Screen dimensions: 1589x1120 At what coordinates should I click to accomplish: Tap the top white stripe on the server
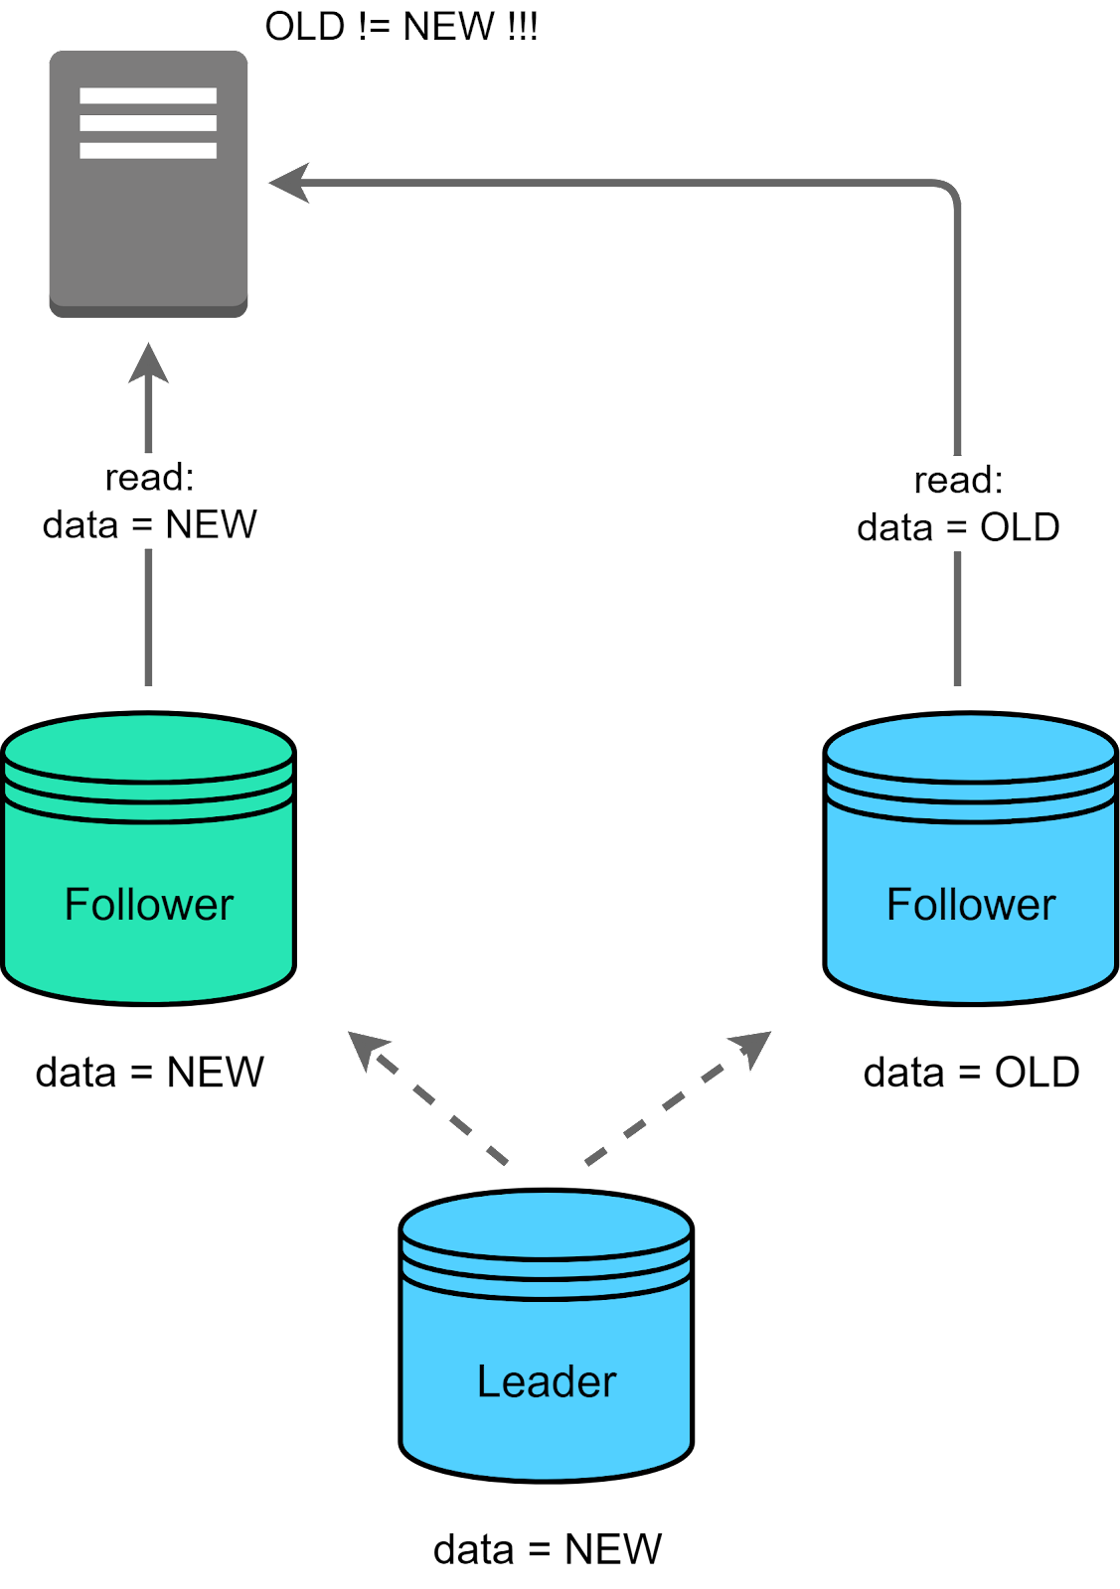tap(148, 96)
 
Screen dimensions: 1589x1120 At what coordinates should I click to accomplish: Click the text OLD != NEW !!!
tap(400, 27)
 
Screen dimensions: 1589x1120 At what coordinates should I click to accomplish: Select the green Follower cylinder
tap(148, 859)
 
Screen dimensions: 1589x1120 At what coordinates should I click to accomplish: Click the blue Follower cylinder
tap(970, 859)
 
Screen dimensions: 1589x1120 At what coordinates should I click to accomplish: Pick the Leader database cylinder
tap(546, 1336)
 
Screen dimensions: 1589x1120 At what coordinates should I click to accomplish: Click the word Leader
tap(546, 1381)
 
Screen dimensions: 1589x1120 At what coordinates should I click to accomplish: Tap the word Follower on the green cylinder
tap(148, 905)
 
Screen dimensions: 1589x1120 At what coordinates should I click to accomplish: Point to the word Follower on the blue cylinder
tap(970, 905)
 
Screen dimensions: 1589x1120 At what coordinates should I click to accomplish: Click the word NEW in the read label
tap(210, 524)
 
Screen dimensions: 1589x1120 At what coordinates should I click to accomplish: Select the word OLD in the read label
tap(1019, 527)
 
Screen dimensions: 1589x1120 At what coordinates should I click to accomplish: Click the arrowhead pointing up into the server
tap(149, 363)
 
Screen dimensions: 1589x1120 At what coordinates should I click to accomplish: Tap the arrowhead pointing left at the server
tap(289, 183)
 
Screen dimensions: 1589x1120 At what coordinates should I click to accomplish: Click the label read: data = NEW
tap(149, 501)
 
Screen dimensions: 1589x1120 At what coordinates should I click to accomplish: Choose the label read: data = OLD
tap(958, 504)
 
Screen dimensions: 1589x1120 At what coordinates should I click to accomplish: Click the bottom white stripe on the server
tap(148, 151)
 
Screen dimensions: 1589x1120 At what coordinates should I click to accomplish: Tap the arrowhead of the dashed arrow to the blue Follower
tap(752, 1047)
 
